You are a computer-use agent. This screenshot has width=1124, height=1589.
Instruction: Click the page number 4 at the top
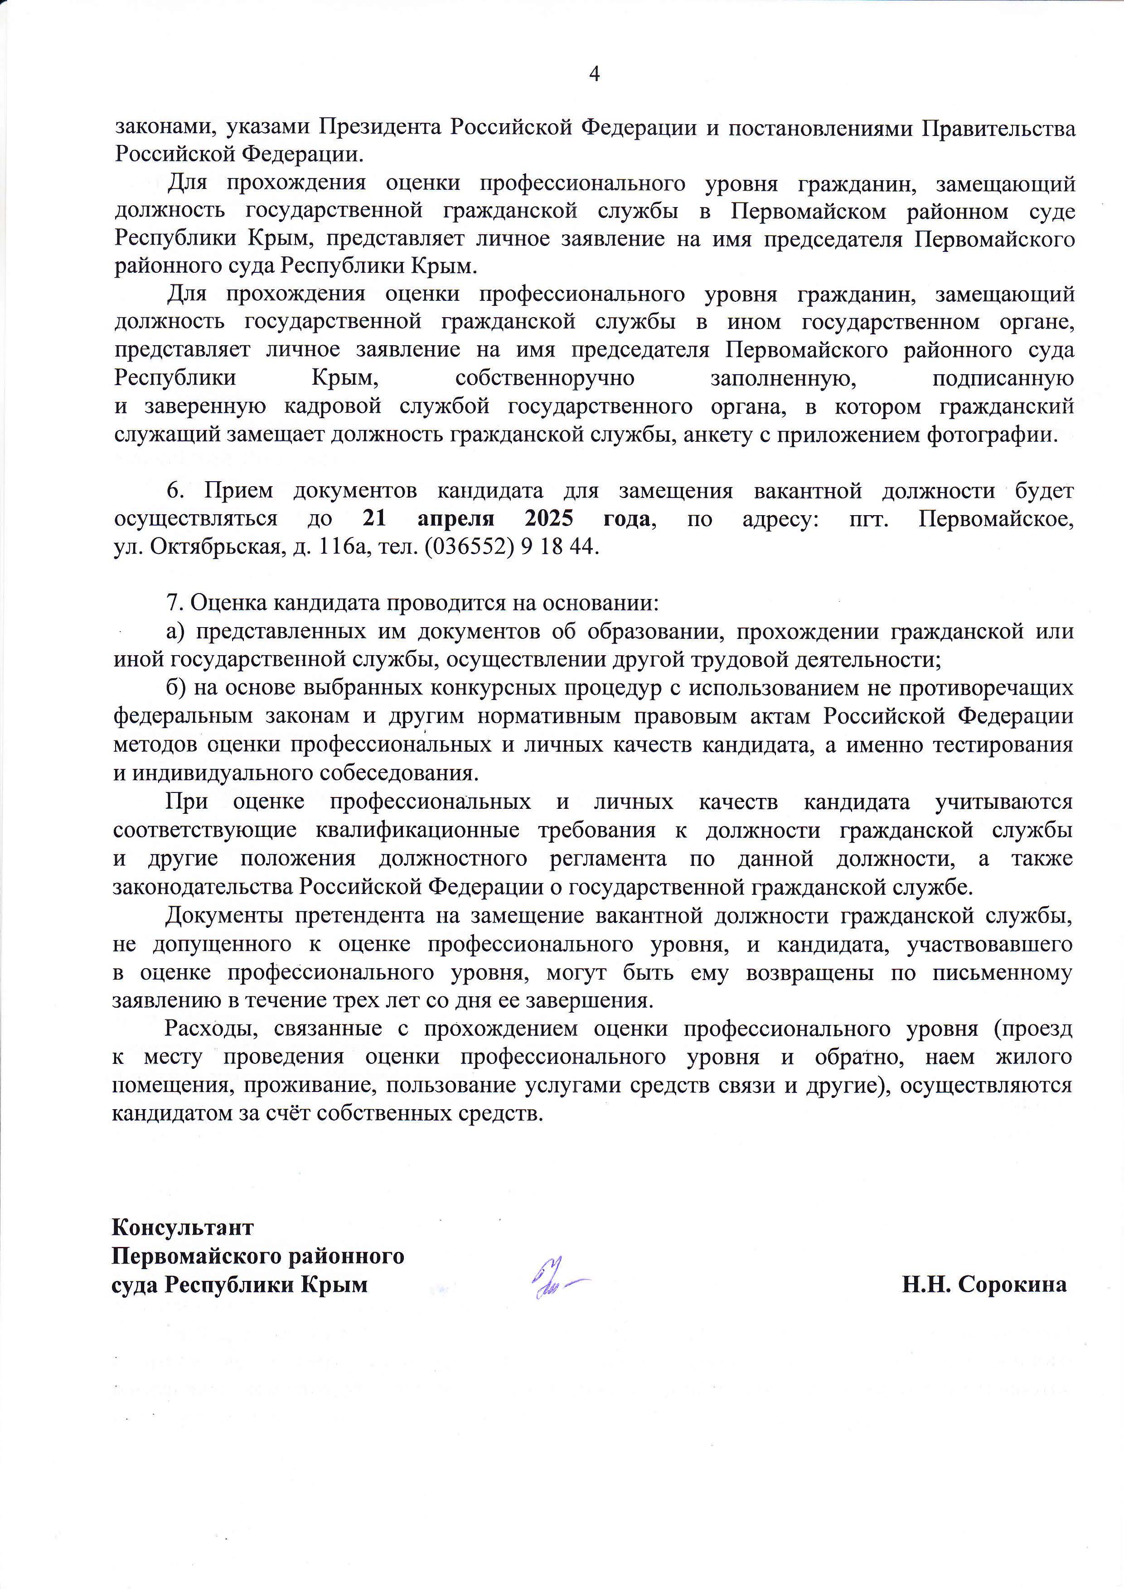[x=594, y=74]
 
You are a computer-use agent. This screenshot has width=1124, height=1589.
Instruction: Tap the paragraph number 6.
[x=174, y=491]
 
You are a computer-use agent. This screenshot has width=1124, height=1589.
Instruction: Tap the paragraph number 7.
[x=174, y=603]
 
